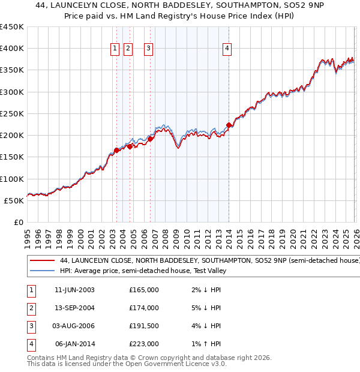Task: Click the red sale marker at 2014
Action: coord(229,125)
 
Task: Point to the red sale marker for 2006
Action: coord(150,139)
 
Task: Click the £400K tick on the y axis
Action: coord(13,49)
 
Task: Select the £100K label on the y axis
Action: coord(13,179)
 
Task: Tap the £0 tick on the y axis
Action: coord(18,222)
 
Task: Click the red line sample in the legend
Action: coord(42,261)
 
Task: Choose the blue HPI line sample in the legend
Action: coord(42,271)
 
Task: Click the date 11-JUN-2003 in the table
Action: coord(74,290)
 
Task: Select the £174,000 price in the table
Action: coord(144,308)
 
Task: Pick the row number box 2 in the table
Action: coord(31,308)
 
